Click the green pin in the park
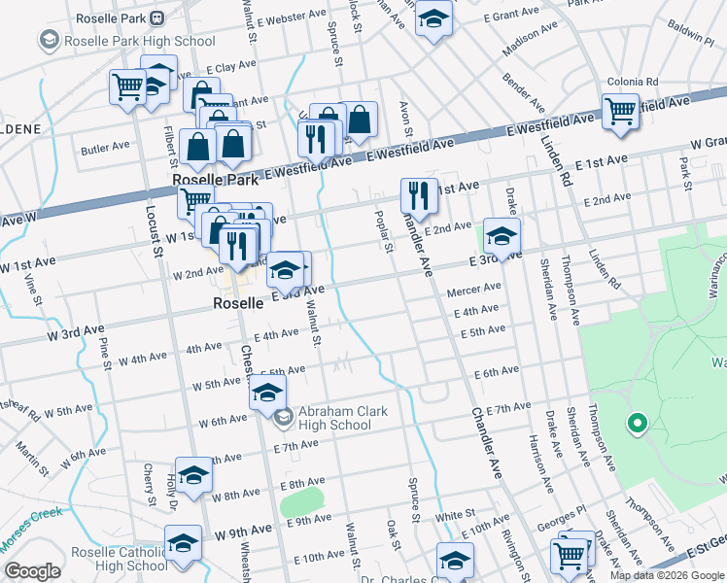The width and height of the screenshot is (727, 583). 638,424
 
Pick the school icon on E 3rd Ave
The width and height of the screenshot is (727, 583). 502,236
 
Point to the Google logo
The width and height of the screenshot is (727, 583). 32,571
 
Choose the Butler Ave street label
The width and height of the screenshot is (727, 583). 105,148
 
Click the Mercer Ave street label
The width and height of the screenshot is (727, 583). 473,289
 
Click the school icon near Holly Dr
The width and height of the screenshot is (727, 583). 193,475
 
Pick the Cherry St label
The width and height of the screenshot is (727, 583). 149,483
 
